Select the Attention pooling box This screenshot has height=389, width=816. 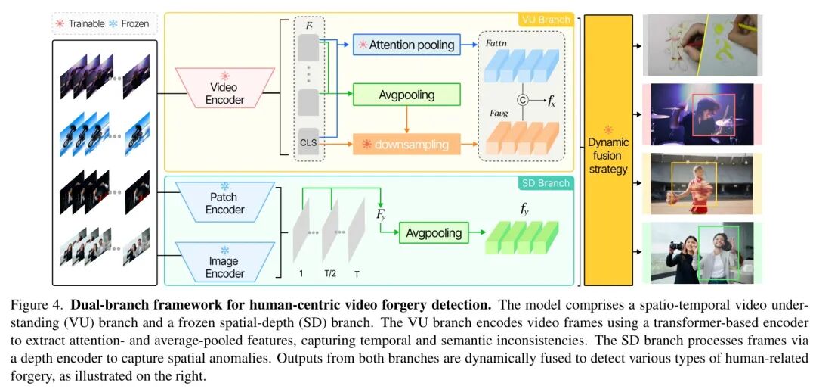pyautogui.click(x=411, y=45)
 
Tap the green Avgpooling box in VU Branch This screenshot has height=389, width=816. pyautogui.click(x=407, y=95)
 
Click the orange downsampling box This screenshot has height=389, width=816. pyautogui.click(x=411, y=144)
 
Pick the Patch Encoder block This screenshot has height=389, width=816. pyautogui.click(x=224, y=203)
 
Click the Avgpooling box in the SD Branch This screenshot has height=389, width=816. pyautogui.click(x=434, y=232)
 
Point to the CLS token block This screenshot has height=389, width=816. pyautogui.click(x=308, y=142)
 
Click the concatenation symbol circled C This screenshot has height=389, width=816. pyautogui.click(x=521, y=100)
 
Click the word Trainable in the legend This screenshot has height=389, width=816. pyautogui.click(x=86, y=23)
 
